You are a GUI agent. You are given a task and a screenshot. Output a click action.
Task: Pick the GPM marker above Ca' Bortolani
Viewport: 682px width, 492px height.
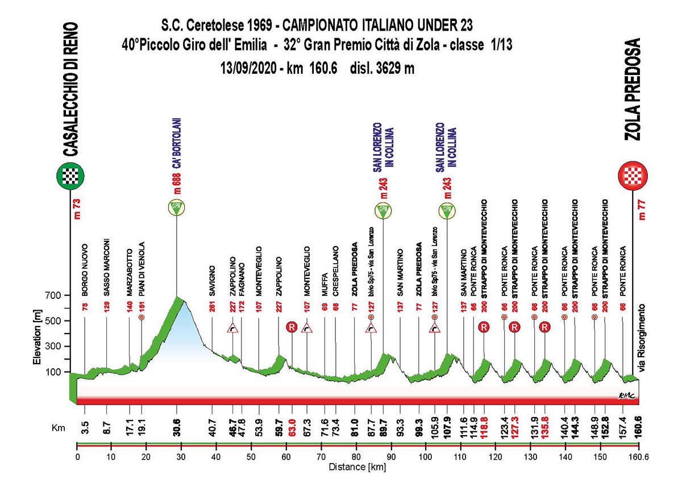point(176,207)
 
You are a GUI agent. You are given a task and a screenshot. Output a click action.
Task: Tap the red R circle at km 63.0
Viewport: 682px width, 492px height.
point(292,328)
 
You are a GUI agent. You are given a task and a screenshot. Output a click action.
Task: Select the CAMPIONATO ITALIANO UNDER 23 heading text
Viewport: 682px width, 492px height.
point(377,26)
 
